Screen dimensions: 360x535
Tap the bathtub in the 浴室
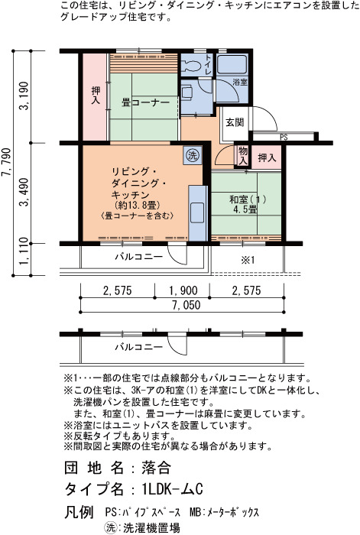[x=232, y=64]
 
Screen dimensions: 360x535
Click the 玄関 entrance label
[x=235, y=122]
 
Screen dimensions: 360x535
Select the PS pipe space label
[x=284, y=137]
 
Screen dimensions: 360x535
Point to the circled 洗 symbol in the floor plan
[x=193, y=156]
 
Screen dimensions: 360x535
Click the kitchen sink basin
[x=197, y=212]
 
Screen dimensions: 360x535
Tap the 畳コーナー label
[x=146, y=102]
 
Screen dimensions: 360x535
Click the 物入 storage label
[x=243, y=156]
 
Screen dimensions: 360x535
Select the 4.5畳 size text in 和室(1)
[x=245, y=209]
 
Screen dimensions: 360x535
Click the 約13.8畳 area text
[x=138, y=205]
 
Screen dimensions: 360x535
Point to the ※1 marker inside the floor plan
[x=248, y=260]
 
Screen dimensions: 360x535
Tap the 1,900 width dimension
[x=183, y=290]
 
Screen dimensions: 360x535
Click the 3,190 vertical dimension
[x=24, y=96]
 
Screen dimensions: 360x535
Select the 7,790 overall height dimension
[x=7, y=162]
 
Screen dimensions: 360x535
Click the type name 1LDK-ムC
[x=172, y=489]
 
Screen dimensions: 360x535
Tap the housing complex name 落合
[x=156, y=468]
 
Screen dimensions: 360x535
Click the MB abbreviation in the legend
[x=194, y=512]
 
